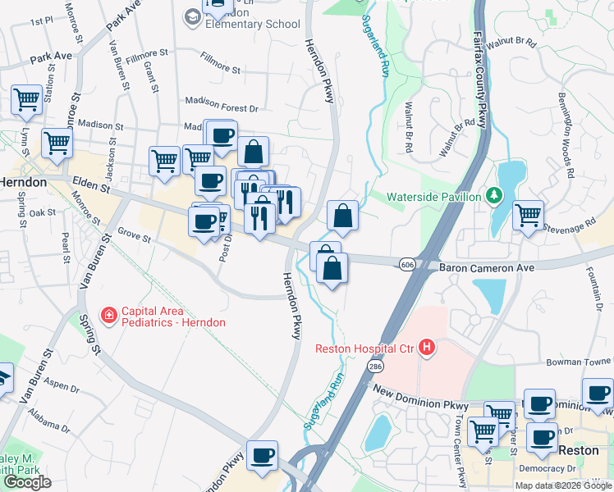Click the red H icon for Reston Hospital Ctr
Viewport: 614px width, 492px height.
click(x=426, y=348)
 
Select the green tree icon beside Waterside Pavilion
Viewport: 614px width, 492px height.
click(x=493, y=196)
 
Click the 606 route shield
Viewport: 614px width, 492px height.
click(x=407, y=264)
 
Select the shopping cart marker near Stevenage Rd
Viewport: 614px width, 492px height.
click(x=528, y=216)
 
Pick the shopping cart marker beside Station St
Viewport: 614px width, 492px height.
click(x=26, y=100)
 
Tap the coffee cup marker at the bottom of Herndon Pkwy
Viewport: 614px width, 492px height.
click(x=263, y=456)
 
